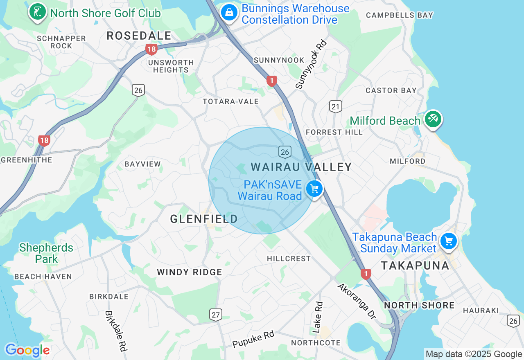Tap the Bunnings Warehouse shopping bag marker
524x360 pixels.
coord(229,12)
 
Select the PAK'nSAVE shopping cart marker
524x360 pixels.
coord(314,189)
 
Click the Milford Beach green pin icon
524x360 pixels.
coord(433,119)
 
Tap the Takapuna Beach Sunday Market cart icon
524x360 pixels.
coord(449,241)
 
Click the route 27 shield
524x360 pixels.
coord(216,314)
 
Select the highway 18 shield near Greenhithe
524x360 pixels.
coord(44,141)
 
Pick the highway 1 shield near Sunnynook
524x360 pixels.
coord(271,81)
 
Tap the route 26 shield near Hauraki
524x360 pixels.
coord(513,321)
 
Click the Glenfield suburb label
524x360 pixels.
coord(204,219)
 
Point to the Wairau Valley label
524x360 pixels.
coord(301,167)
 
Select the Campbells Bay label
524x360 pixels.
coord(399,15)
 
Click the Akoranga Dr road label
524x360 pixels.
coord(357,301)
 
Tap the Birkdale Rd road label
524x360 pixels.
coord(116,331)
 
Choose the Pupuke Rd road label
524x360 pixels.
coord(253,339)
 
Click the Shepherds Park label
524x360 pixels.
coord(46,253)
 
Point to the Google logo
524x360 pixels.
coord(27,350)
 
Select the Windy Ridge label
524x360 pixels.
coord(190,272)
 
